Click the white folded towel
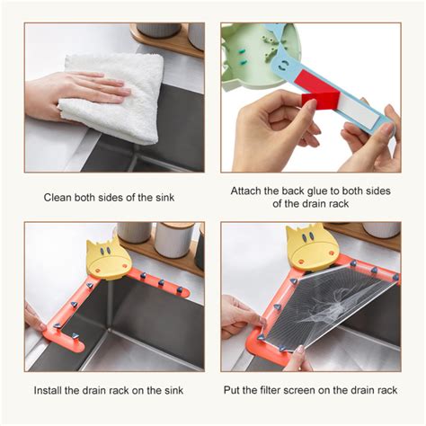click(114, 96)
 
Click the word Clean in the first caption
click(58, 198)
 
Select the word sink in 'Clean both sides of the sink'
click(165, 198)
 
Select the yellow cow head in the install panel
click(107, 257)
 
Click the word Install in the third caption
click(47, 390)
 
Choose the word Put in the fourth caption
click(231, 390)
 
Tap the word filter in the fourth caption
click(270, 390)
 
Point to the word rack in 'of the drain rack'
click(338, 204)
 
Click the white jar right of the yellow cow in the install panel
click(173, 240)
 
